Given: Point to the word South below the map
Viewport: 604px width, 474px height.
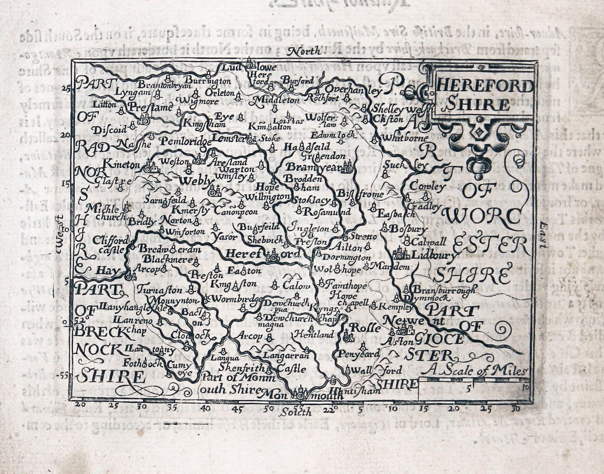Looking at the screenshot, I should [x=295, y=412].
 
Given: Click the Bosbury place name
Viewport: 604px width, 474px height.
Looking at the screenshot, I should [x=409, y=229].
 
